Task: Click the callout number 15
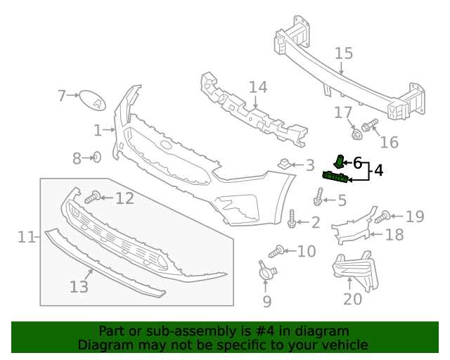click(x=343, y=53)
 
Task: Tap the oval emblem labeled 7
click(x=91, y=100)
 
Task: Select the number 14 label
click(x=258, y=88)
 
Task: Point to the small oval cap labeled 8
click(x=97, y=157)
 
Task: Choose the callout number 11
click(x=26, y=238)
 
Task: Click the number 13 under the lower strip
click(x=79, y=287)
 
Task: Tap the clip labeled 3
click(x=284, y=165)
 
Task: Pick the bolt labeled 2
click(x=292, y=220)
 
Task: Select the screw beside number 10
click(x=276, y=250)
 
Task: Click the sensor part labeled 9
click(x=266, y=271)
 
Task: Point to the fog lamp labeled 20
click(x=354, y=270)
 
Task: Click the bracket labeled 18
click(x=352, y=224)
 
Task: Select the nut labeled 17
click(x=356, y=131)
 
